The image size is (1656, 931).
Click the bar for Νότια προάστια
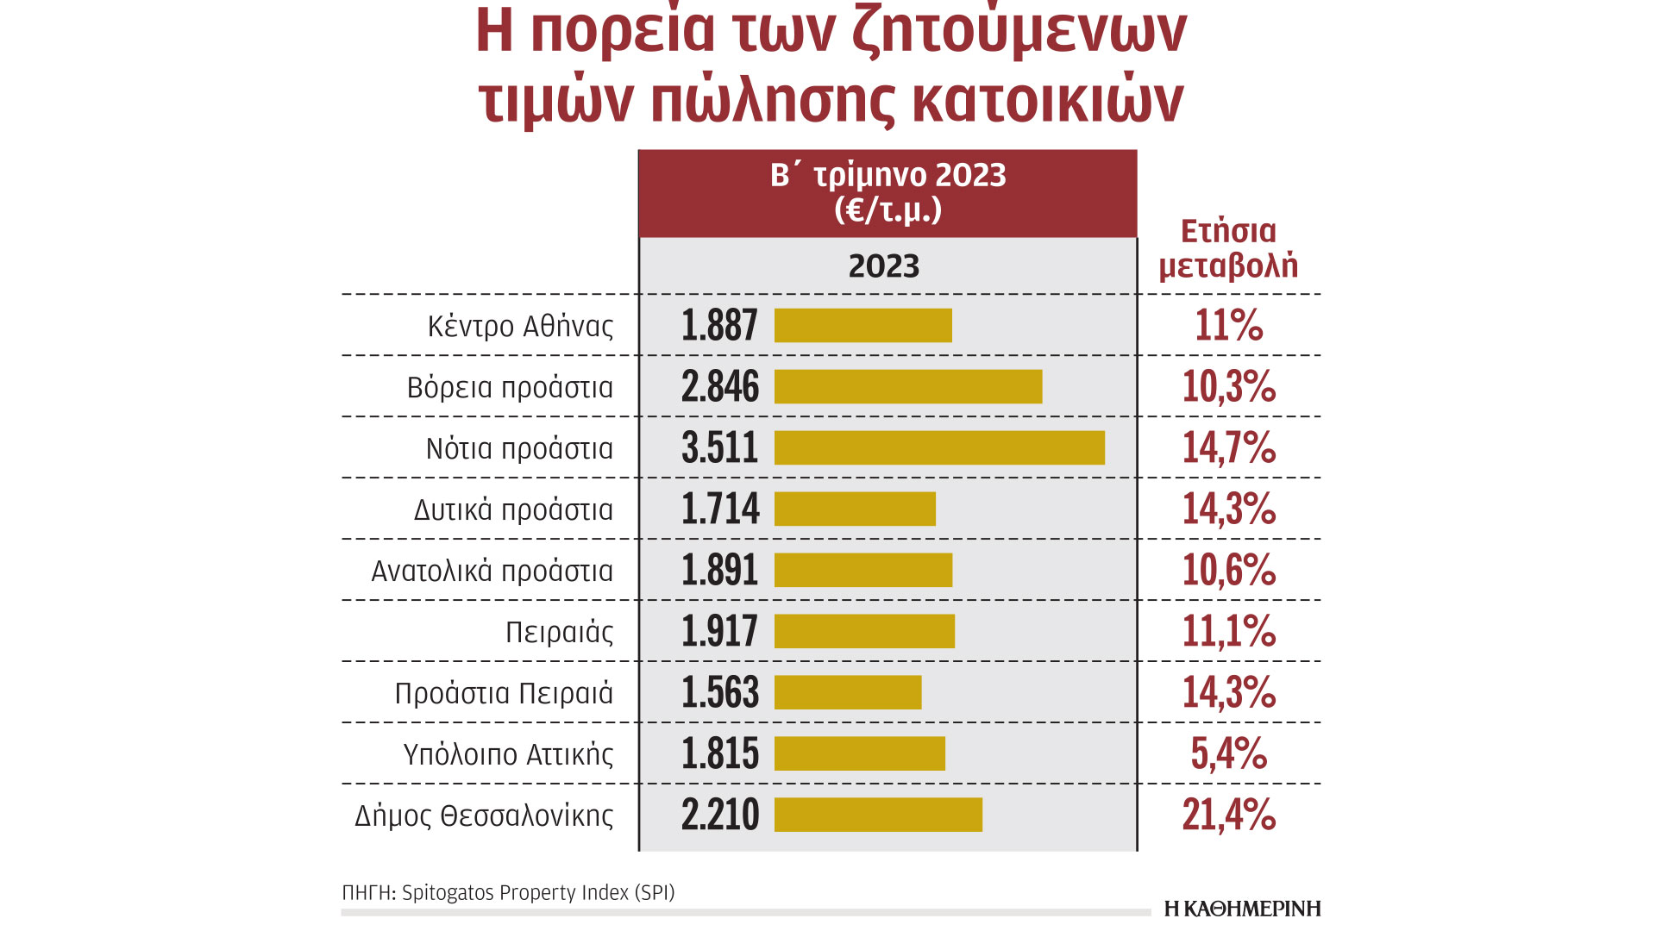pyautogui.click(x=939, y=448)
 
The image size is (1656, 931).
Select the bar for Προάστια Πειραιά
pyautogui.click(x=848, y=693)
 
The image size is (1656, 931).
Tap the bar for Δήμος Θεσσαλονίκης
pyautogui.click(x=878, y=815)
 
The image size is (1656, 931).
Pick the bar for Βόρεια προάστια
pyautogui.click(x=908, y=387)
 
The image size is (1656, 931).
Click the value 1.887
pyautogui.click(x=719, y=326)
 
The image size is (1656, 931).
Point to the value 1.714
pyautogui.click(x=720, y=509)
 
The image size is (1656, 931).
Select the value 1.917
pyautogui.click(x=719, y=632)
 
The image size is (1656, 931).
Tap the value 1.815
pyautogui.click(x=720, y=754)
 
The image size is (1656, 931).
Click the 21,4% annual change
pyautogui.click(x=1228, y=815)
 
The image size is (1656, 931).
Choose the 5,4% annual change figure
pyautogui.click(x=1228, y=754)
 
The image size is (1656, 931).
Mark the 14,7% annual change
pyautogui.click(x=1228, y=448)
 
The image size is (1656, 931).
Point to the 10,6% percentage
pyautogui.click(x=1228, y=571)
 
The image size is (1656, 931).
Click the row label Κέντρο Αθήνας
pyautogui.click(x=520, y=327)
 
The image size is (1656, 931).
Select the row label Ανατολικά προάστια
pyautogui.click(x=492, y=572)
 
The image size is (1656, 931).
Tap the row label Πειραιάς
pyautogui.click(x=559, y=633)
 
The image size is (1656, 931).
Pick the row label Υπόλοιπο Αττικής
pyautogui.click(x=508, y=755)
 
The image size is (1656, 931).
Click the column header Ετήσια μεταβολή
pyautogui.click(x=1228, y=248)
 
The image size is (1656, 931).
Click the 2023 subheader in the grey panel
pyautogui.click(x=884, y=266)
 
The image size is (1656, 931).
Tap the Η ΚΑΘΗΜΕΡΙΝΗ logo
pyautogui.click(x=1242, y=909)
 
